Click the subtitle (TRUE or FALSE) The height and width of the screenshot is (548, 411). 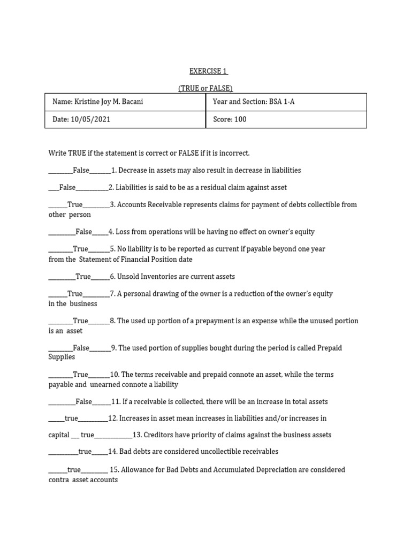205,88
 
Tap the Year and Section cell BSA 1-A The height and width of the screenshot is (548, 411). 254,102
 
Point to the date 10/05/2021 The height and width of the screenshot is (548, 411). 81,119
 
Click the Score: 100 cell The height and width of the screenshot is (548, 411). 230,119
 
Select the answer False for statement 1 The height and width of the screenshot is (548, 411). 81,170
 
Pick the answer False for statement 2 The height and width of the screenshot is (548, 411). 67,187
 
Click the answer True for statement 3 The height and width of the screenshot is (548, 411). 75,204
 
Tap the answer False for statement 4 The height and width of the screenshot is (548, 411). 84,232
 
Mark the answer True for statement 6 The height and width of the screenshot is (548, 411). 83,277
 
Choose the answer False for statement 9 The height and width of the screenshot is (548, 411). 81,348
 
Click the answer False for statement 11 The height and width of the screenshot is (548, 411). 84,401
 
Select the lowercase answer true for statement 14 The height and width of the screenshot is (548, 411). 85,451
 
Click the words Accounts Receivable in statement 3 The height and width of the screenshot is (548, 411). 147,204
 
